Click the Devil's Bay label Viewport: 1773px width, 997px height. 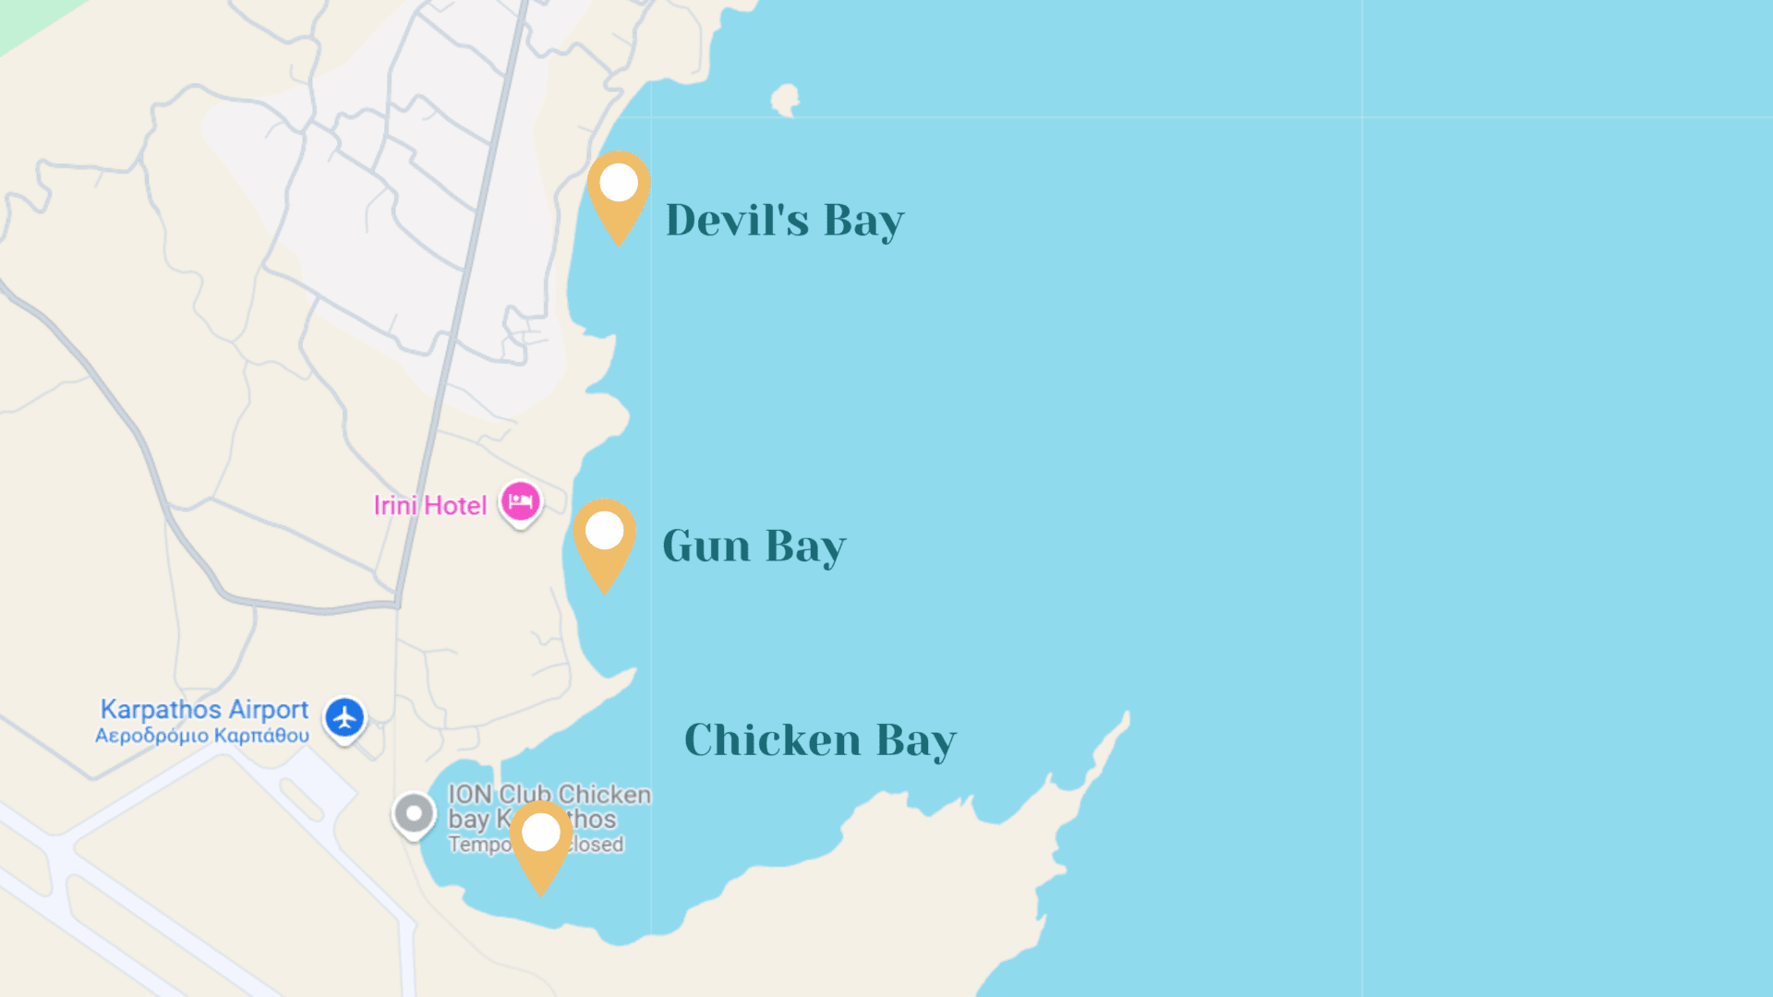point(784,221)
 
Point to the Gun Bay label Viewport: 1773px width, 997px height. point(754,547)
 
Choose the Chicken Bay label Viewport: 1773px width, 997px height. point(820,740)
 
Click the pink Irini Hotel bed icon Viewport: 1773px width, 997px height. point(521,502)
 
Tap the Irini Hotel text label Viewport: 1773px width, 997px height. point(429,506)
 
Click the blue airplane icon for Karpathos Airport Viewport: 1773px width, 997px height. point(344,717)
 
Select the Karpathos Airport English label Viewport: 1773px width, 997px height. point(204,709)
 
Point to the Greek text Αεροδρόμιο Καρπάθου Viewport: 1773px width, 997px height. point(202,736)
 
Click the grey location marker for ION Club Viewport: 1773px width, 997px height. point(414,814)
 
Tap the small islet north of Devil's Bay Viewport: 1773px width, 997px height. point(786,99)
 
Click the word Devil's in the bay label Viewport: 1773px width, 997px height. point(737,221)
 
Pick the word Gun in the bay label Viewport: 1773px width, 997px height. point(706,547)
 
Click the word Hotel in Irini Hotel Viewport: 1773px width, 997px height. point(455,506)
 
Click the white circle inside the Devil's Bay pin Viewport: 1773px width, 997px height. point(619,183)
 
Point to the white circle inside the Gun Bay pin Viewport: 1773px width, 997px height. point(605,531)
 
